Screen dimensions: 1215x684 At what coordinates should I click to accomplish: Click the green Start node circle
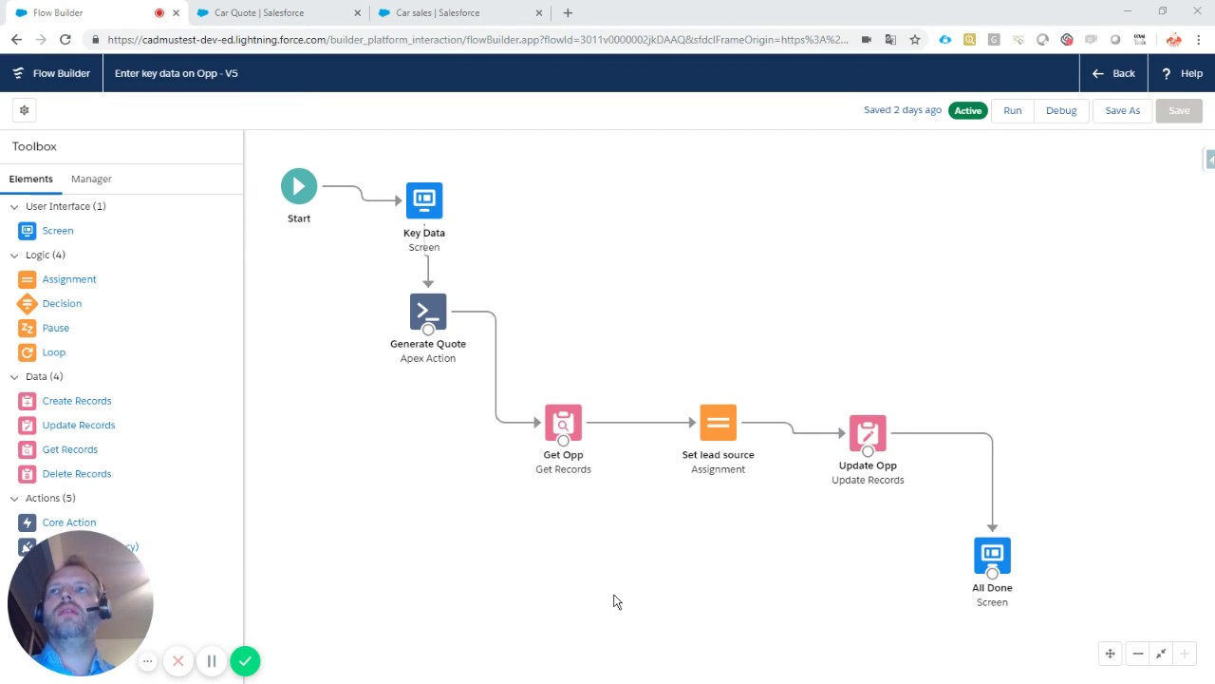click(299, 186)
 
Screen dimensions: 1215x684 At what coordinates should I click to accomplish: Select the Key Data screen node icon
click(424, 200)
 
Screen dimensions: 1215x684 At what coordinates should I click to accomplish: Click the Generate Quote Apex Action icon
click(428, 311)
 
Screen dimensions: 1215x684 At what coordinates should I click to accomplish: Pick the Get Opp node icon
click(563, 423)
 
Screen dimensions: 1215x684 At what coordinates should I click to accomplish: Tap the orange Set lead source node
click(718, 423)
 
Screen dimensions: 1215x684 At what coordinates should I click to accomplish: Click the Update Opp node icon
click(868, 433)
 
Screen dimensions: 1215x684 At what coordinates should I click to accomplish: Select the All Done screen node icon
click(992, 555)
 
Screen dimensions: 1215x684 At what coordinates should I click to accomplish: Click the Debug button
click(1061, 110)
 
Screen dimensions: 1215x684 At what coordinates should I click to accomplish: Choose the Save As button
click(1122, 110)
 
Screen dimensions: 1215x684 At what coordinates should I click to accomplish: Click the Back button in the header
click(1113, 73)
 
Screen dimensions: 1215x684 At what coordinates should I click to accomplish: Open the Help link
click(1182, 73)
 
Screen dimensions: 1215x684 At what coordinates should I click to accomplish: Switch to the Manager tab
click(91, 179)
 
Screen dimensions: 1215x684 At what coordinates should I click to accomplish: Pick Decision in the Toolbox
click(62, 303)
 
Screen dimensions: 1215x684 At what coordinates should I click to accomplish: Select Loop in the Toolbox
click(53, 351)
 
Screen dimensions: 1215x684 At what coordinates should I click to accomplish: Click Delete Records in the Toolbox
click(77, 473)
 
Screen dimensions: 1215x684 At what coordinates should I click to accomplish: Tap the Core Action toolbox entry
click(68, 522)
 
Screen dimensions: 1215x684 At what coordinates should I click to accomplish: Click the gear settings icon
click(25, 110)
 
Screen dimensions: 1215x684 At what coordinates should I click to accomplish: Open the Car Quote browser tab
click(256, 12)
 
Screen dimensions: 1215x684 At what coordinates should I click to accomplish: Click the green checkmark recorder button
click(245, 661)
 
